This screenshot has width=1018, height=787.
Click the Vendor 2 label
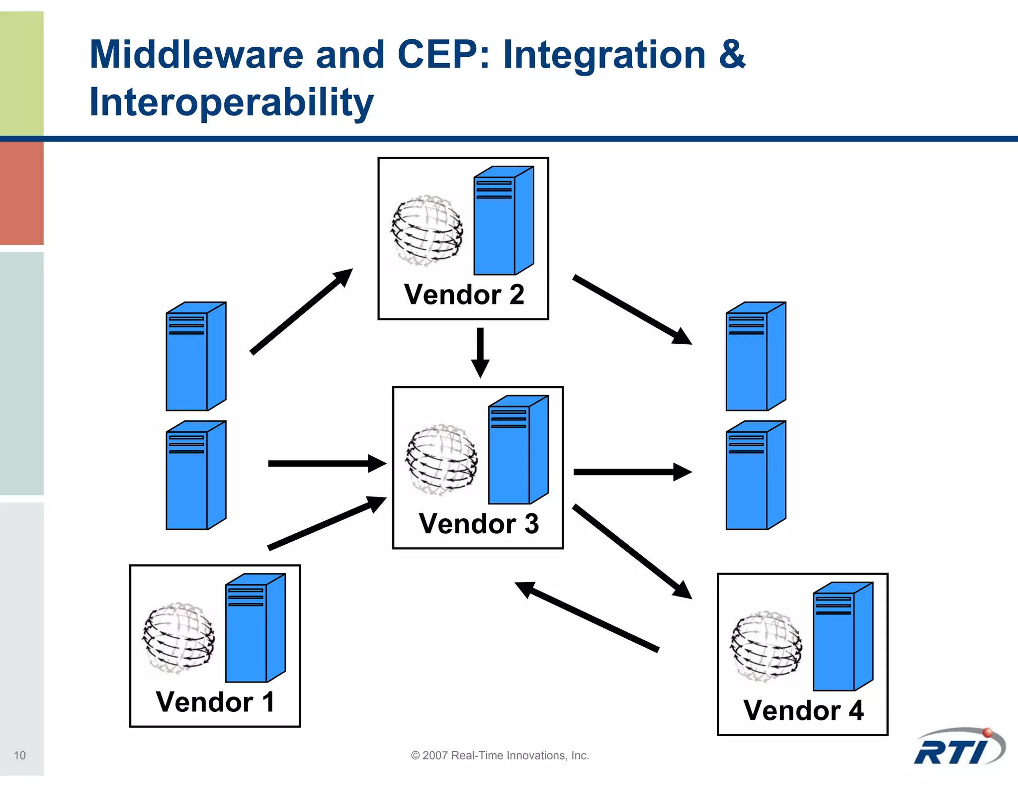[x=464, y=295]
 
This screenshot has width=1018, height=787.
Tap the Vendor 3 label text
[x=479, y=524]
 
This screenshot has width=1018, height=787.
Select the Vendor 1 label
[x=215, y=702]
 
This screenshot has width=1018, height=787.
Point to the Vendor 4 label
[x=803, y=710]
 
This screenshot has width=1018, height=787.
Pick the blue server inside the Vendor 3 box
[x=517, y=450]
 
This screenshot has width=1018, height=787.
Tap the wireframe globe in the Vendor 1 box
[x=179, y=637]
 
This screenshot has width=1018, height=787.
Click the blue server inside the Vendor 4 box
[x=842, y=637]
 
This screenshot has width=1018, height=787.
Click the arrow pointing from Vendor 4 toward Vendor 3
[x=587, y=616]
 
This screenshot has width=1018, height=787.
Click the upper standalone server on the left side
[x=195, y=357]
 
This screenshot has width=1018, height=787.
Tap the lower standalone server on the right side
[x=755, y=476]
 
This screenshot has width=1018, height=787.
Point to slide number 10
[x=20, y=755]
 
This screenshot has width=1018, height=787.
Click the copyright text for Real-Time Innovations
[x=500, y=755]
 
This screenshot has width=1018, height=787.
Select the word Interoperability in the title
[x=231, y=102]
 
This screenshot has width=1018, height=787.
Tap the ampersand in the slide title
[x=731, y=54]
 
